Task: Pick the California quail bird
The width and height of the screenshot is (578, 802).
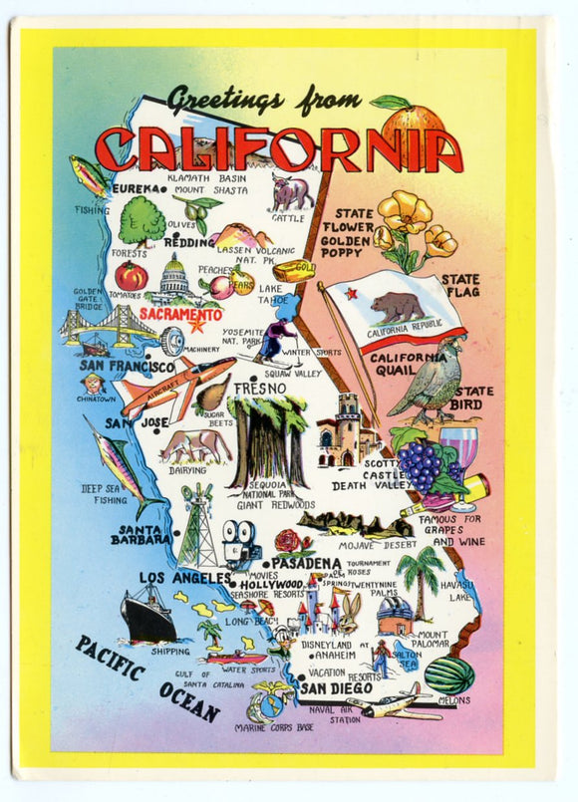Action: click(432, 380)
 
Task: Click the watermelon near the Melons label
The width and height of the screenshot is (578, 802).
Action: click(449, 674)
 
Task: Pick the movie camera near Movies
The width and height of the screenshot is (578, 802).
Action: click(239, 544)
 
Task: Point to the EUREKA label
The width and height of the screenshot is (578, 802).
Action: click(137, 188)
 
